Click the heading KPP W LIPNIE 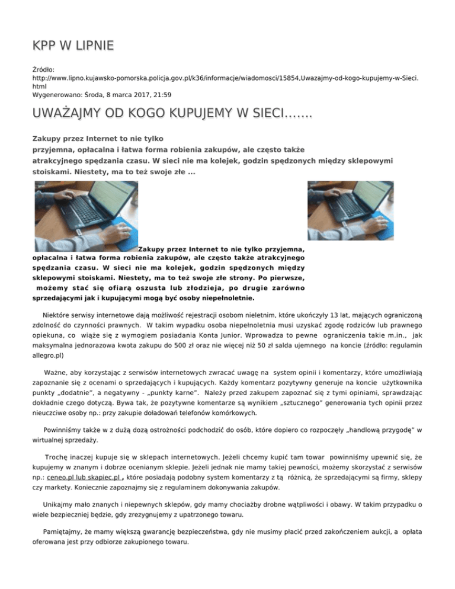[x=73, y=46]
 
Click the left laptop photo [x=83, y=216]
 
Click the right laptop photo [x=350, y=216]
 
